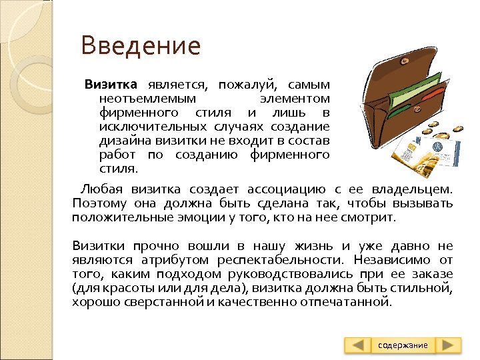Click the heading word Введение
click(140, 46)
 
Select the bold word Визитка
click(111, 85)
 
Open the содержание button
click(403, 345)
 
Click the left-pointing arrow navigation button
click(358, 345)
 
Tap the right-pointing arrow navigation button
click(449, 345)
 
